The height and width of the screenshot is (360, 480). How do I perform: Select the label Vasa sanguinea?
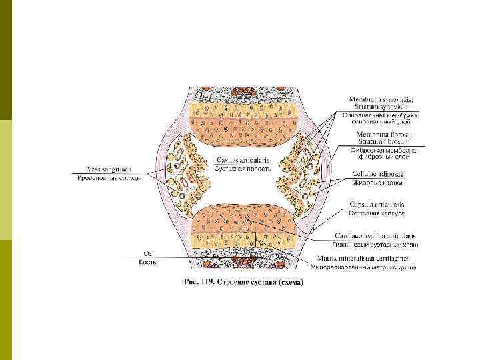tap(109, 168)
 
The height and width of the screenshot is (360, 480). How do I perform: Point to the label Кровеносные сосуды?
tap(109, 178)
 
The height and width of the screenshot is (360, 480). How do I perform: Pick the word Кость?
tap(147, 262)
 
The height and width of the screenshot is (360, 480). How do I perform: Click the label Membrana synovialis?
tap(381, 100)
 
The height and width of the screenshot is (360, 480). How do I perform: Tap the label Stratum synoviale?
tap(381, 107)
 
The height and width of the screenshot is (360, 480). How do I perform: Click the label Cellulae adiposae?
tap(378, 173)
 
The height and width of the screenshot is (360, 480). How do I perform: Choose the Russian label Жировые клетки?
tap(377, 182)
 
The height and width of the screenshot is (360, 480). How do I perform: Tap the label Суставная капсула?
tap(377, 213)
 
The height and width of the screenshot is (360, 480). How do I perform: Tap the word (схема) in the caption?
tap(291, 282)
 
